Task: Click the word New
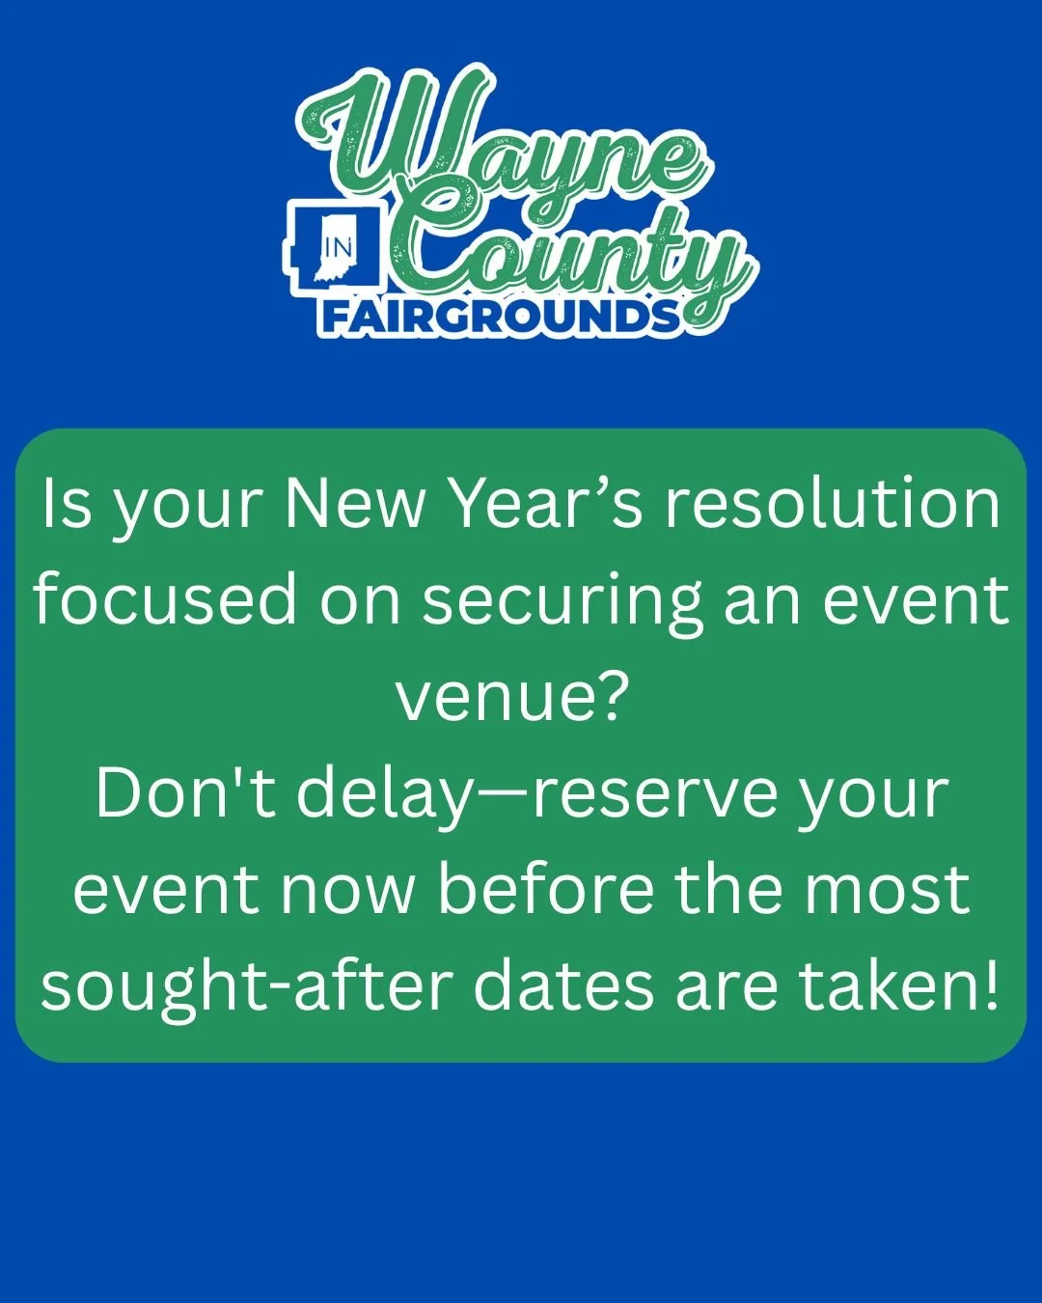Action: (354, 504)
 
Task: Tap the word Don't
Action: (185, 793)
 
